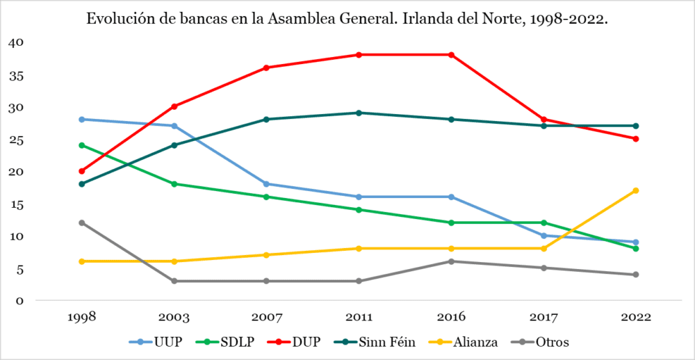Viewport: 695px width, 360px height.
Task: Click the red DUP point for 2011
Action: point(359,55)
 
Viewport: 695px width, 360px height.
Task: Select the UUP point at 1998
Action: point(82,120)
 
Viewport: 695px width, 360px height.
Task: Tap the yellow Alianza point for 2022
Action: point(636,190)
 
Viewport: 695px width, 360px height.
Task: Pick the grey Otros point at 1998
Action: point(82,223)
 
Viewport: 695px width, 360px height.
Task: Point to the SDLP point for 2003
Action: point(174,184)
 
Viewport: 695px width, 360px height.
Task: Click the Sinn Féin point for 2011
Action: point(359,113)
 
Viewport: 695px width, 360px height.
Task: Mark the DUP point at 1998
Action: point(82,171)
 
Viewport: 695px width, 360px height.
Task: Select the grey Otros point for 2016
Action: point(451,261)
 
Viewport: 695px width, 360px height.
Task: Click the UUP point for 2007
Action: point(267,184)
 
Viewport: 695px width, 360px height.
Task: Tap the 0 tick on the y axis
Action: point(19,301)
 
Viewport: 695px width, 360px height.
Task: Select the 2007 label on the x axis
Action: point(267,317)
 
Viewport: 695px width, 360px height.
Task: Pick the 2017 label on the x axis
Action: point(543,317)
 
